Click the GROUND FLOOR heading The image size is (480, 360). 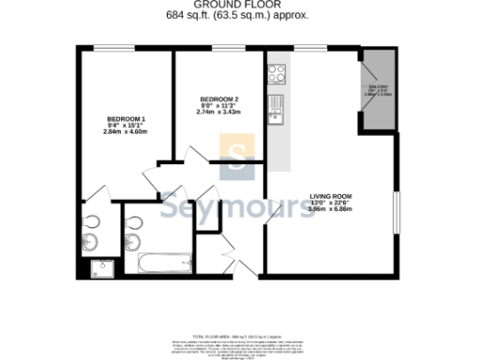coord(240,5)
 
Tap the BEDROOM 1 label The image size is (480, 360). coord(126,119)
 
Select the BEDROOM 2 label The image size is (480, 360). coord(219,99)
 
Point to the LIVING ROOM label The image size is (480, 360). coord(329,197)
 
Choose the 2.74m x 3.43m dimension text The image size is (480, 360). coord(219,112)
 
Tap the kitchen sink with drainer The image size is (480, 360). coord(276,109)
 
